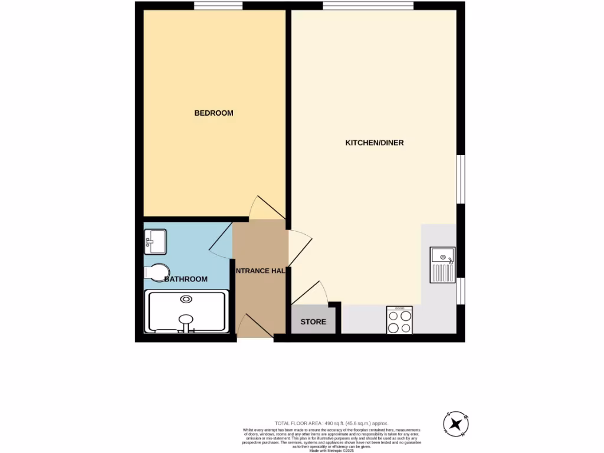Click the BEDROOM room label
pyautogui.click(x=214, y=113)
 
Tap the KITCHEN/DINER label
pyautogui.click(x=374, y=143)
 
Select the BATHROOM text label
pyautogui.click(x=186, y=279)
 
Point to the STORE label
pyautogui.click(x=313, y=322)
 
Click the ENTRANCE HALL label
pyautogui.click(x=260, y=271)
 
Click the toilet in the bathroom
pyautogui.click(x=155, y=273)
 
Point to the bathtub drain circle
pyautogui.click(x=186, y=299)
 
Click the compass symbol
pyautogui.click(x=456, y=424)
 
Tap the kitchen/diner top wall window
pyautogui.click(x=367, y=6)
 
